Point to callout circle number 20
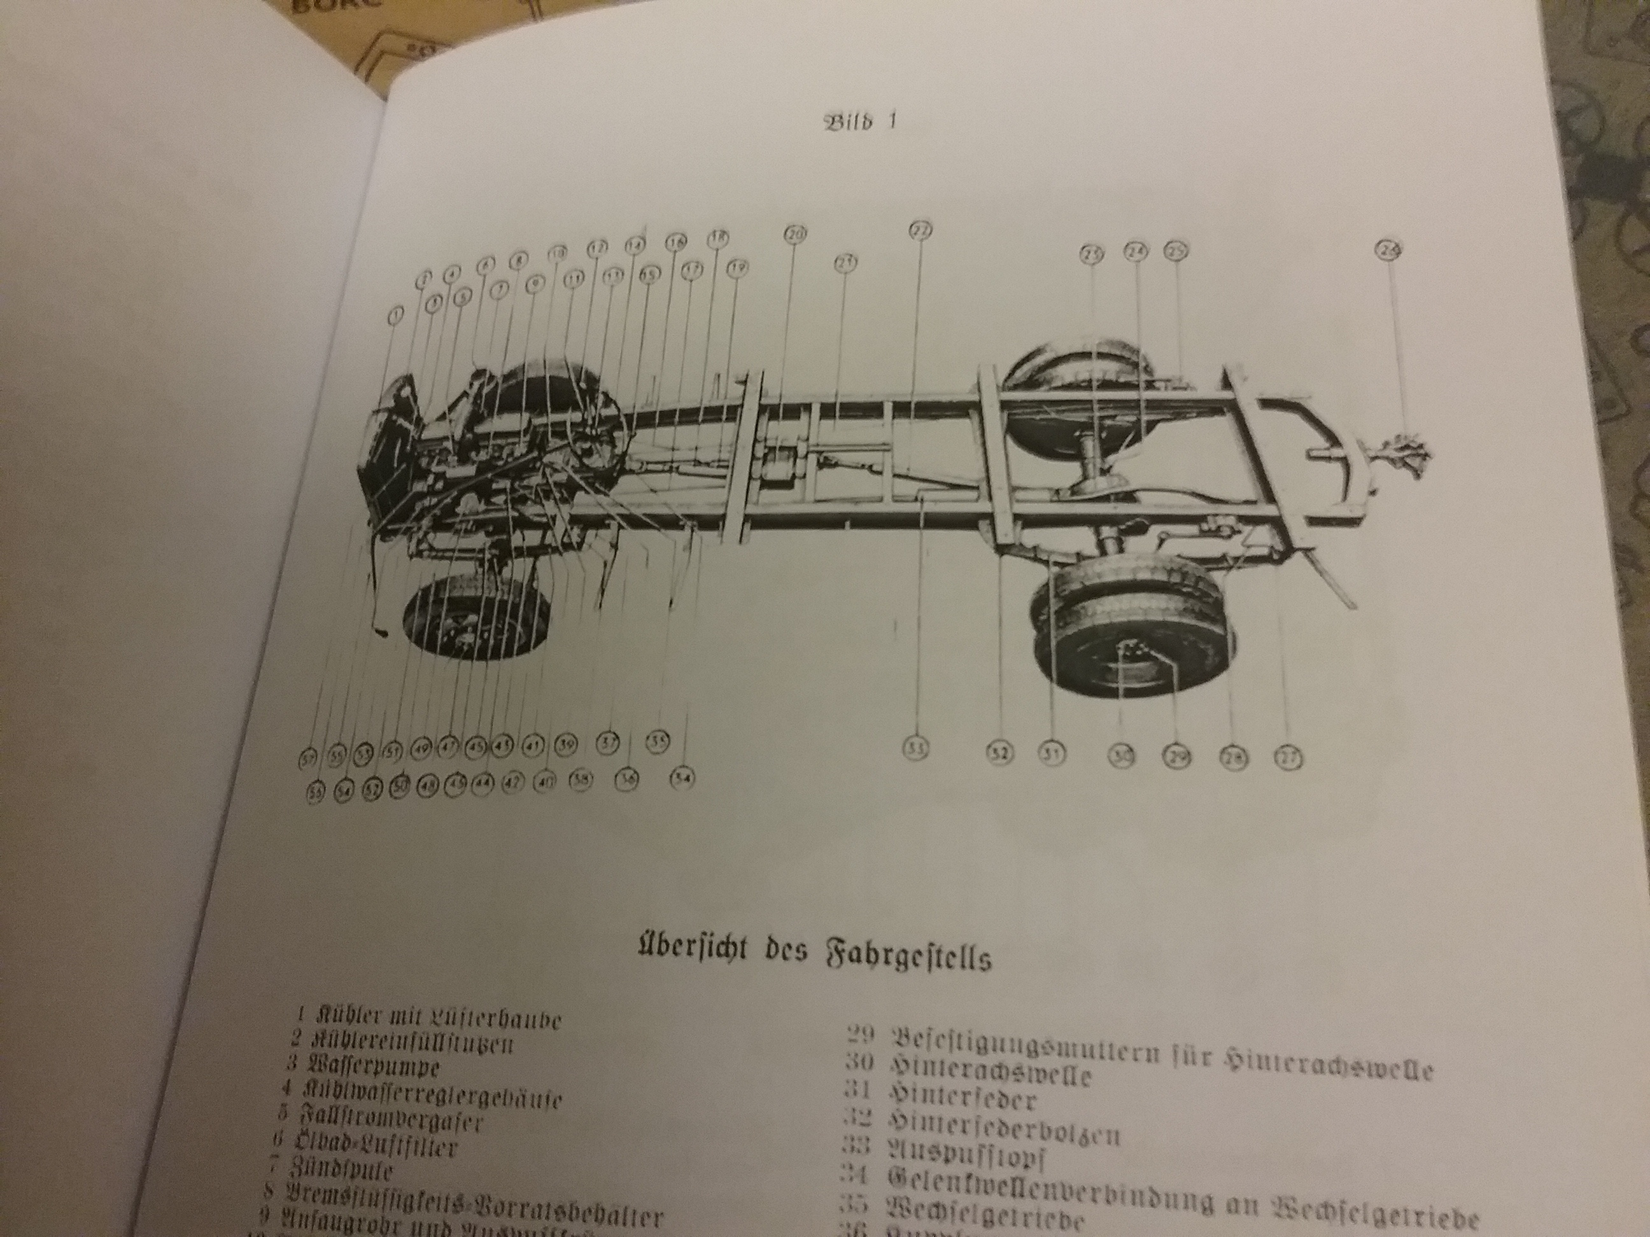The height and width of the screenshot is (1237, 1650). point(794,234)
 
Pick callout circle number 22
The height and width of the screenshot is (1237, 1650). point(920,232)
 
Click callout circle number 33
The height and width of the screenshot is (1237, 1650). point(917,748)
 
